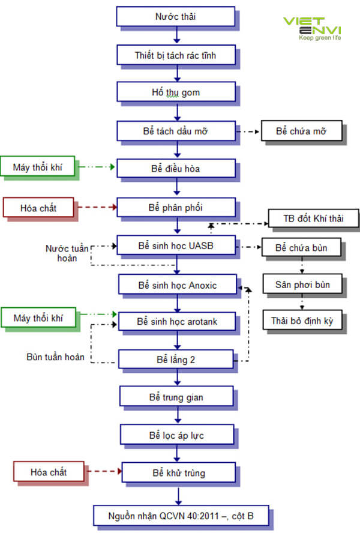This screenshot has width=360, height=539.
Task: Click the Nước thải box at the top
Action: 175,17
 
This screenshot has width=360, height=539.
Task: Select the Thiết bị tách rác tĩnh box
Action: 175,56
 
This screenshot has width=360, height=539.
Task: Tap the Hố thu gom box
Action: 175,92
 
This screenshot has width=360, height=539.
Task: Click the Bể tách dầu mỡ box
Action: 175,130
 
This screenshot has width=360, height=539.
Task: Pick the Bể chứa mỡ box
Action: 301,130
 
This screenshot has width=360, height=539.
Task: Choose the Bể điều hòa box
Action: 175,169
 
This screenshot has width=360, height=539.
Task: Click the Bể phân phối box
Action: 175,208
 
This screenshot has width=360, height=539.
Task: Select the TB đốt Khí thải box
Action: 313,218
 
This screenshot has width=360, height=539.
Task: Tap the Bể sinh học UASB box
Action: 175,246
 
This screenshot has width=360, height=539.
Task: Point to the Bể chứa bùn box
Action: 301,247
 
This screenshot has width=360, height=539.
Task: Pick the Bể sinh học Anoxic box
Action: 177,285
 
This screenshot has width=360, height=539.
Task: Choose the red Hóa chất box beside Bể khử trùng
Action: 49,472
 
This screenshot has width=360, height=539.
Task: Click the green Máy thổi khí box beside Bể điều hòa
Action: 38,167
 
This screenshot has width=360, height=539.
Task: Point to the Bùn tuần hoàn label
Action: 56,357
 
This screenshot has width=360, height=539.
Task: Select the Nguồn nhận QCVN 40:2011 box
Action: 181,515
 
